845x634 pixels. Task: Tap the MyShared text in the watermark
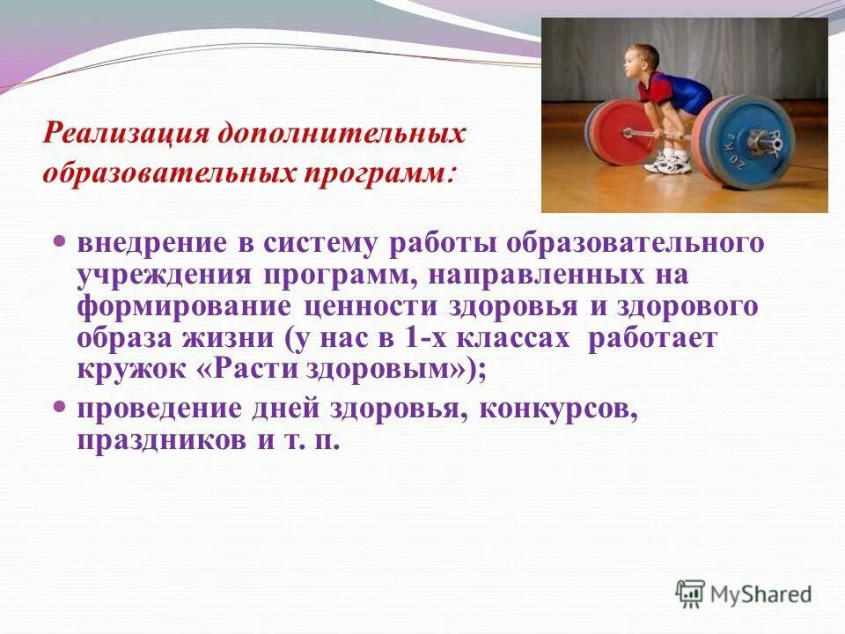(x=762, y=595)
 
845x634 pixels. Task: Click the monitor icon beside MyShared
(x=691, y=594)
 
